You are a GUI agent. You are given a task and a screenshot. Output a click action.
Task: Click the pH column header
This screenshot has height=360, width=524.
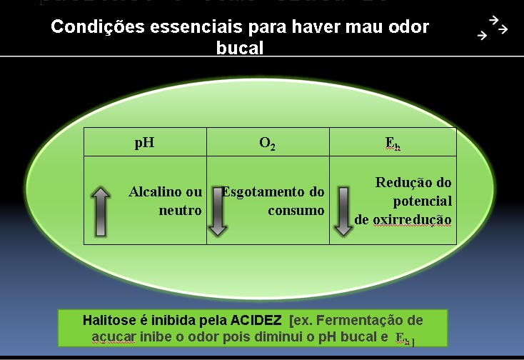coord(144,142)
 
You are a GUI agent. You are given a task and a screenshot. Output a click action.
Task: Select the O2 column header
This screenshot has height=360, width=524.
coord(268,143)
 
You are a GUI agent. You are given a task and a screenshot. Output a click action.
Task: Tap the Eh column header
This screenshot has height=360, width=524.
coord(393,143)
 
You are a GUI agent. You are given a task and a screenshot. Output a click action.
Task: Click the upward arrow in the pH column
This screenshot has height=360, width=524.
coord(101,211)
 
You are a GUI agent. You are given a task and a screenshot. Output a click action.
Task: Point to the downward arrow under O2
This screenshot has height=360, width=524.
coord(218,211)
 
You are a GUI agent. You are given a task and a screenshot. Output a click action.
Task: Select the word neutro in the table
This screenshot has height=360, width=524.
coord(180,211)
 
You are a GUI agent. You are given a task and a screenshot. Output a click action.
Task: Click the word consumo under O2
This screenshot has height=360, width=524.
coord(296,211)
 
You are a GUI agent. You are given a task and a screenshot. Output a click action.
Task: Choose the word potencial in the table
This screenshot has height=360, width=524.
coord(422,201)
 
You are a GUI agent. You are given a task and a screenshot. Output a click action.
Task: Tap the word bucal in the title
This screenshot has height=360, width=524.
coord(240,48)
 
